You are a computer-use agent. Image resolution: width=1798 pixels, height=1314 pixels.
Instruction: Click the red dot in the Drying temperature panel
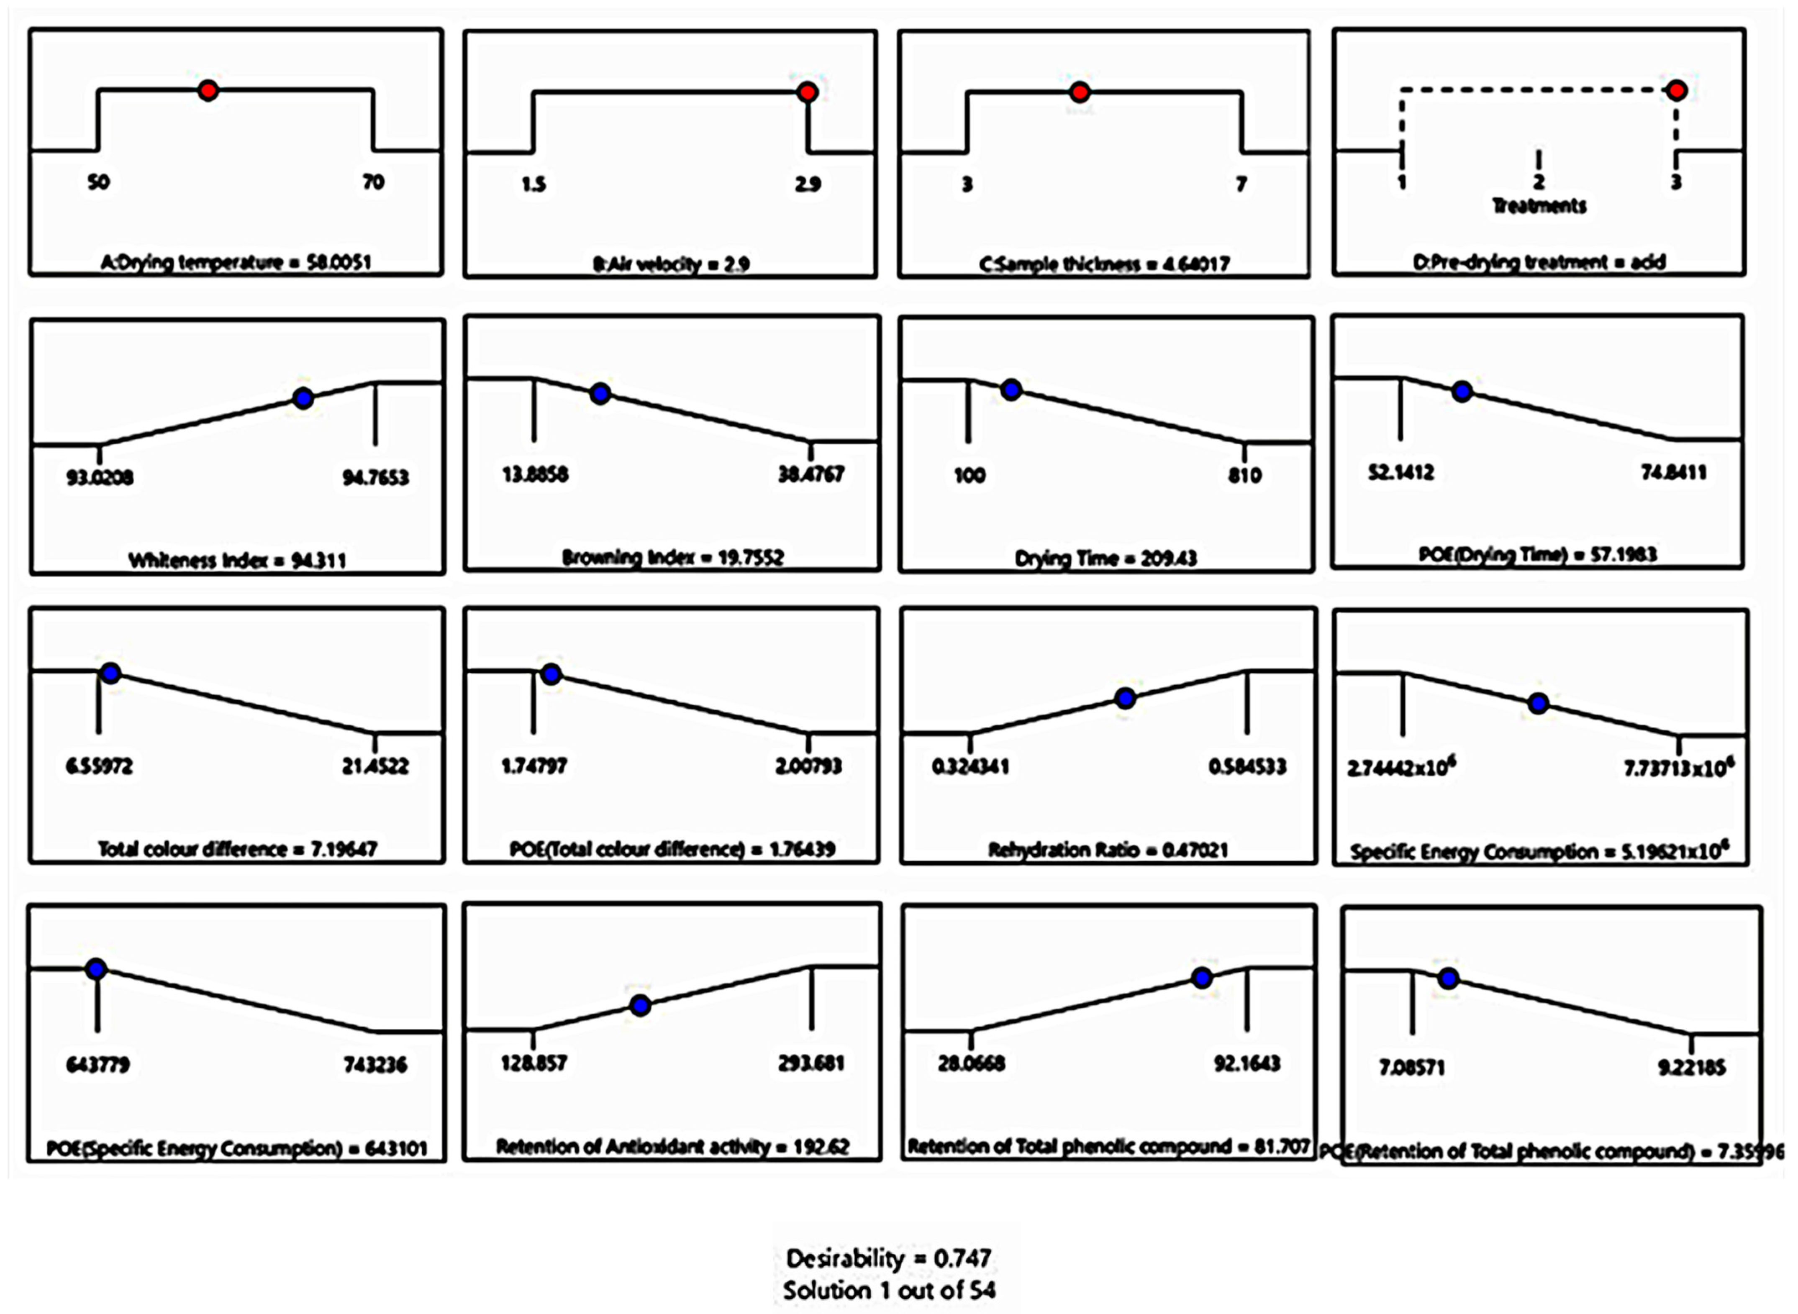coord(208,91)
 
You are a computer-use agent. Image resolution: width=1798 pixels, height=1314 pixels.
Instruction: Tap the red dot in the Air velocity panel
coord(808,92)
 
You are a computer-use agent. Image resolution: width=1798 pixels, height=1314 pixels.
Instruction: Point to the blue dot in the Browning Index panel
coord(601,393)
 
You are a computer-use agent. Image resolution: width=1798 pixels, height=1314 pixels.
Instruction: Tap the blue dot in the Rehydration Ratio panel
coord(1125,698)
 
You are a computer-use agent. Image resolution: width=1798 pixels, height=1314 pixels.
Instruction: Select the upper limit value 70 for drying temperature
coord(373,182)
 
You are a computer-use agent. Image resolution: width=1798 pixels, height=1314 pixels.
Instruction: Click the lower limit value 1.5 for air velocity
coord(534,184)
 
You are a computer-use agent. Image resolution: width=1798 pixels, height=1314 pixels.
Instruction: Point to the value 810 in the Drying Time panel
coord(1244,476)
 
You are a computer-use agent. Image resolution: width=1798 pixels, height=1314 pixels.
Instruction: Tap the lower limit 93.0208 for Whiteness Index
coord(100,477)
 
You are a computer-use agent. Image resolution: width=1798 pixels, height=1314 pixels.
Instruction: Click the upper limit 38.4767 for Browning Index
coord(811,474)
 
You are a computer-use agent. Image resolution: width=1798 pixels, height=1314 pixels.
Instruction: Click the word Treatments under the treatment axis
coord(1539,206)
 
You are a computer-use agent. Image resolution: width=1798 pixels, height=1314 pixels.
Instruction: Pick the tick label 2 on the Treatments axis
coord(1539,182)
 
